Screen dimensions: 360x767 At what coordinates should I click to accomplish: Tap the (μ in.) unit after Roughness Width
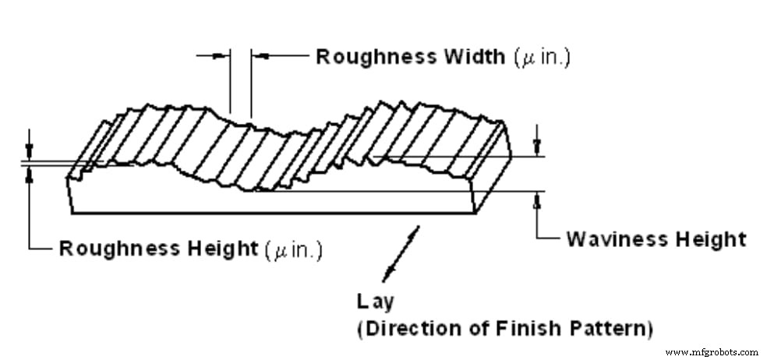[542, 58]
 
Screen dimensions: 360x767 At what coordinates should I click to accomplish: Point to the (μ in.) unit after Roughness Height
[294, 249]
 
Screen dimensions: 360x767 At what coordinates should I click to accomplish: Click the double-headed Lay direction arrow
[401, 253]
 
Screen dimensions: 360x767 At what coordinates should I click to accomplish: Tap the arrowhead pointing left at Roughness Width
[259, 55]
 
